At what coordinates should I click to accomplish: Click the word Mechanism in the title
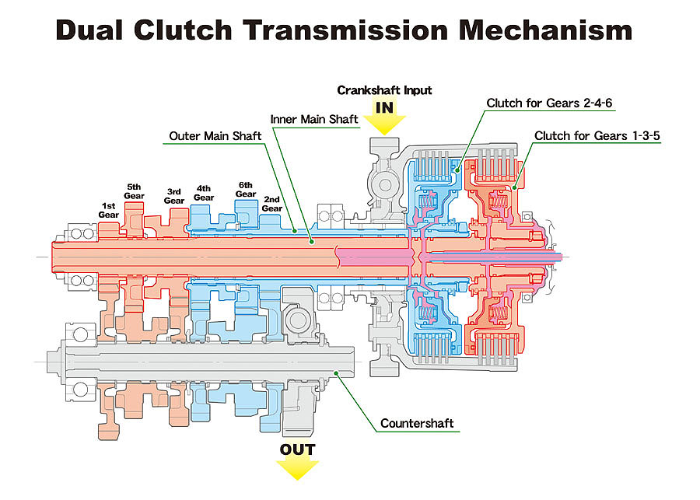click(x=545, y=30)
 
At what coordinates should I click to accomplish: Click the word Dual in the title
click(x=89, y=30)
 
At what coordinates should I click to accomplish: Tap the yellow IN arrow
click(x=384, y=118)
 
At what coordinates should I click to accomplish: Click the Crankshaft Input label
click(x=384, y=90)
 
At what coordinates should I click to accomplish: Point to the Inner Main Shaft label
click(x=314, y=119)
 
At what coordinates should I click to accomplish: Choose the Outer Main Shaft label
click(x=215, y=136)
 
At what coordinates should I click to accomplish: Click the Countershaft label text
click(x=417, y=423)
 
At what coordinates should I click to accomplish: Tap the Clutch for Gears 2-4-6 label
click(x=549, y=103)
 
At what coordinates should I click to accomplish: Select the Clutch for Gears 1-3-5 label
click(x=597, y=136)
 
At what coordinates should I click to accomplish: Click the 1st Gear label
click(x=108, y=210)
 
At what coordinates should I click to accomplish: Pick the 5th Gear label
click(x=134, y=191)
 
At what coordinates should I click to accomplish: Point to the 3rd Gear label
click(x=174, y=197)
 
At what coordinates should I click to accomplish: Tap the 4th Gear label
click(x=204, y=194)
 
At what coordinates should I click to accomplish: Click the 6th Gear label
click(x=246, y=190)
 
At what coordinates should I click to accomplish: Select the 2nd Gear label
click(x=272, y=204)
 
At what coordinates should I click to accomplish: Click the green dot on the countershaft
click(x=336, y=372)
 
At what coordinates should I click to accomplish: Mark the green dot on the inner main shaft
click(x=312, y=242)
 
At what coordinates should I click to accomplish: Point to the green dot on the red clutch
click(x=514, y=187)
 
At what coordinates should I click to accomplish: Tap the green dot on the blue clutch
click(x=457, y=170)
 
